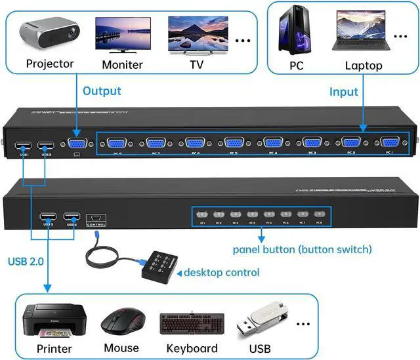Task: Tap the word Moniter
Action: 122,65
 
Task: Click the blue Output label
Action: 102,90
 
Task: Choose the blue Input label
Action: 343,92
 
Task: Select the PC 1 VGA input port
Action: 389,143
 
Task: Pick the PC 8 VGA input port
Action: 117,144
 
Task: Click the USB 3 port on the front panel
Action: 47,216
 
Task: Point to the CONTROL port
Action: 96,216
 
